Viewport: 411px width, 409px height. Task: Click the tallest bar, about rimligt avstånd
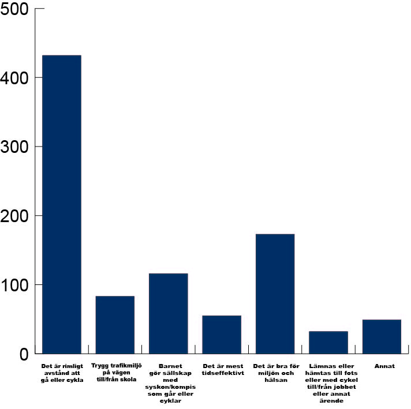coord(62,204)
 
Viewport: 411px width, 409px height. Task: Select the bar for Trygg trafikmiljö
coord(115,325)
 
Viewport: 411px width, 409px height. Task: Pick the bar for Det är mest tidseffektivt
coord(222,335)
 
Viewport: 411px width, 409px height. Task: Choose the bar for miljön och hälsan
coord(275,294)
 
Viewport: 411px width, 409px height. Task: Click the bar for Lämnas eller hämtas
coord(328,342)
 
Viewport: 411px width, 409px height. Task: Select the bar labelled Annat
coord(382,336)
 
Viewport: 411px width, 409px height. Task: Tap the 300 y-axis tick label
coord(16,147)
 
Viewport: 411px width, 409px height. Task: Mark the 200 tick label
coord(16,216)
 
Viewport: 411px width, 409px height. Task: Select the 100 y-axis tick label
coord(16,285)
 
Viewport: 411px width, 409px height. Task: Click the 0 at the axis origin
coord(24,354)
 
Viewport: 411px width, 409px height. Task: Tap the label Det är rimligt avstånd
coord(62,373)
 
